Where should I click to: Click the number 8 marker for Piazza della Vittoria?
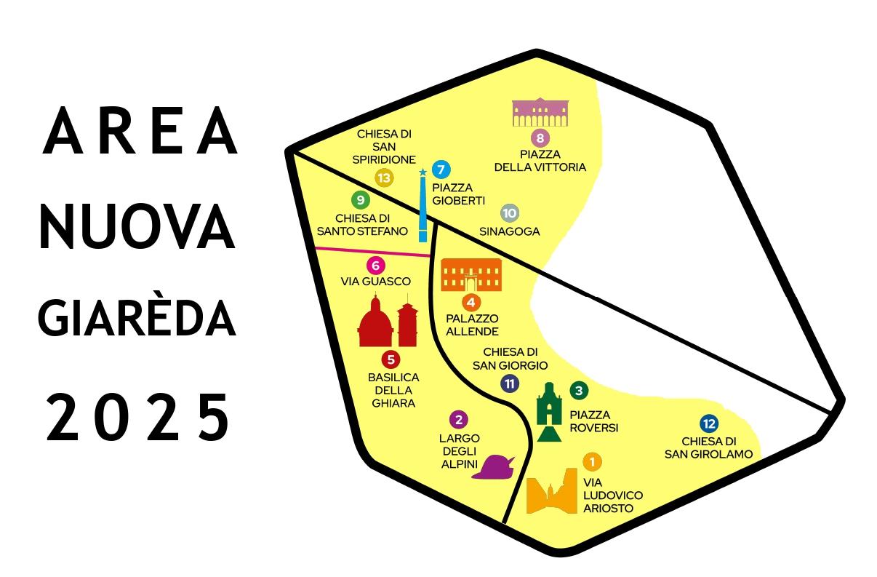tap(540, 138)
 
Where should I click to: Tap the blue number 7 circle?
tap(441, 170)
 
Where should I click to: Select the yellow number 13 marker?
tap(384, 178)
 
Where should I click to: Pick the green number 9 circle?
tap(359, 199)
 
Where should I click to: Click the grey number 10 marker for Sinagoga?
tap(509, 213)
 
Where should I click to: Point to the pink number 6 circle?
tap(375, 265)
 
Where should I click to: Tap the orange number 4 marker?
tap(471, 302)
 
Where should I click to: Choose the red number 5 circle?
tap(391, 358)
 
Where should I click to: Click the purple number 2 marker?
tap(458, 419)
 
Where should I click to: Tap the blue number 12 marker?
tap(709, 423)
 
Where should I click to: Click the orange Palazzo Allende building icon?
tap(470, 274)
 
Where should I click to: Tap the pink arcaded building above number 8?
tap(540, 112)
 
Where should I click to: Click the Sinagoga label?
tap(510, 231)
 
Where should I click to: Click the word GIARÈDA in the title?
tap(137, 320)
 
